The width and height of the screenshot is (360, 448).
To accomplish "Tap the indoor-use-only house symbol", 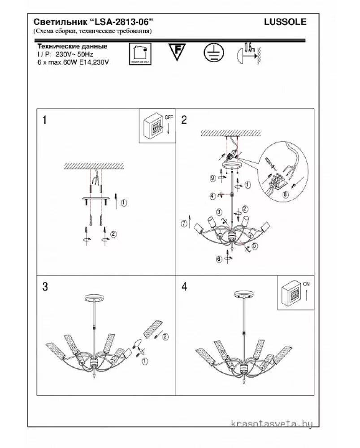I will pyautogui.click(x=139, y=54).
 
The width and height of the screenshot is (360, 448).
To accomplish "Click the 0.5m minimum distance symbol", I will pyautogui.click(x=247, y=52).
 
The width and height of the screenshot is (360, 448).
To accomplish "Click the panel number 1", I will pyautogui.click(x=44, y=120).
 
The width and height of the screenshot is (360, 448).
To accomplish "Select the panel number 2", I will pyautogui.click(x=184, y=120).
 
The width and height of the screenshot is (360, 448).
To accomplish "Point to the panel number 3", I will pyautogui.click(x=45, y=287).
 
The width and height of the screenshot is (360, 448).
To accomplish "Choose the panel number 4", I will pyautogui.click(x=184, y=287).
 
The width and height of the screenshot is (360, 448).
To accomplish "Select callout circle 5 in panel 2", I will pyautogui.click(x=255, y=246).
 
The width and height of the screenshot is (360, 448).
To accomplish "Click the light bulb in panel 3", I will pyautogui.click(x=138, y=345).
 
